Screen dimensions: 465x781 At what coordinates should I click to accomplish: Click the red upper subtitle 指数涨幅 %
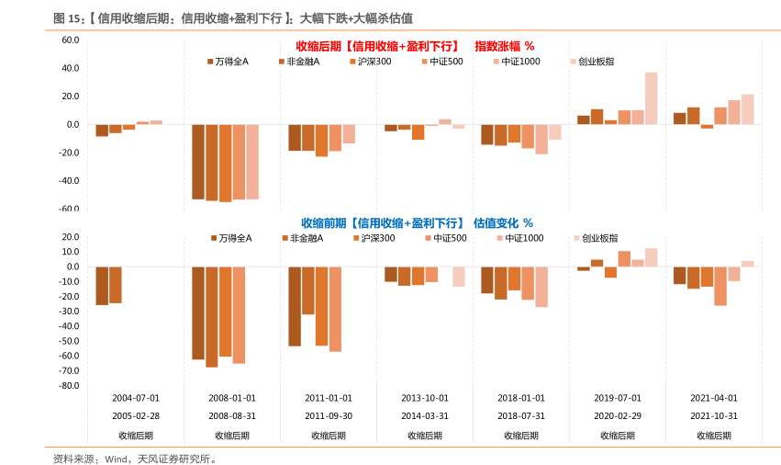[x=504, y=45]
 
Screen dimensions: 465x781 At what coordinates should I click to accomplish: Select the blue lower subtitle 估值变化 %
[x=503, y=222]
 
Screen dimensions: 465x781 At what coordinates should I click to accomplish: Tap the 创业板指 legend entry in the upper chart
[x=592, y=62]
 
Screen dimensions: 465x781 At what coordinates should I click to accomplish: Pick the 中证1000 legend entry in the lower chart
[x=519, y=238]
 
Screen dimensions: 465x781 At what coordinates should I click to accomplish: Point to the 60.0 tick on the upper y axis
[x=71, y=40]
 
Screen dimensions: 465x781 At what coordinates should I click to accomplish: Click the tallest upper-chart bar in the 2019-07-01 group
[x=651, y=98]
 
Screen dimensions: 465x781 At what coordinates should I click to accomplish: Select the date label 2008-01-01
[x=231, y=398]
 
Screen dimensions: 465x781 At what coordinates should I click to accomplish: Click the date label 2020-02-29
[x=617, y=414]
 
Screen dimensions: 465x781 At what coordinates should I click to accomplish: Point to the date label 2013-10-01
[x=425, y=398]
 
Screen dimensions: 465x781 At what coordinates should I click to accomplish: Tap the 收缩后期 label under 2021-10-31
[x=713, y=435]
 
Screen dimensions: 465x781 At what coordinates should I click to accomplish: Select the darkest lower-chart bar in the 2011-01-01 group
[x=295, y=306]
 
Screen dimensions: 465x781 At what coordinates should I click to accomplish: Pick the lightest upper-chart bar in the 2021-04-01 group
[x=748, y=109]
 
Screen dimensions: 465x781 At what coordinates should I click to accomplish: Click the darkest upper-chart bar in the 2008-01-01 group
[x=198, y=162]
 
